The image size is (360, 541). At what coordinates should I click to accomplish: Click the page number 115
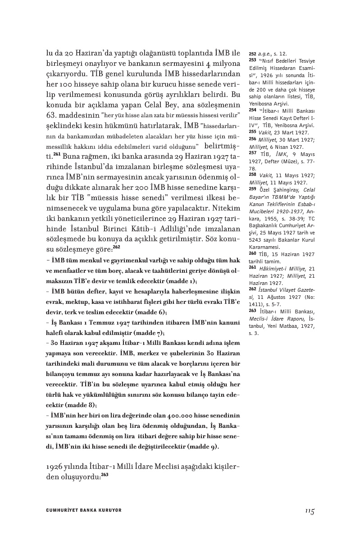point(309,511)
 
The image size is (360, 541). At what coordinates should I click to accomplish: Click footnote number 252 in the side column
point(252,53)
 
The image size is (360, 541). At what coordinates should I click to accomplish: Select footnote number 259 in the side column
point(252,188)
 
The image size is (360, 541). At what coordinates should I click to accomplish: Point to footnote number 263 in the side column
point(252,312)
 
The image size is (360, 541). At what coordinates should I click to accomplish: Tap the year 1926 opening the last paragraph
point(56,466)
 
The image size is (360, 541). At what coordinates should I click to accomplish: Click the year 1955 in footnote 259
point(273,211)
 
